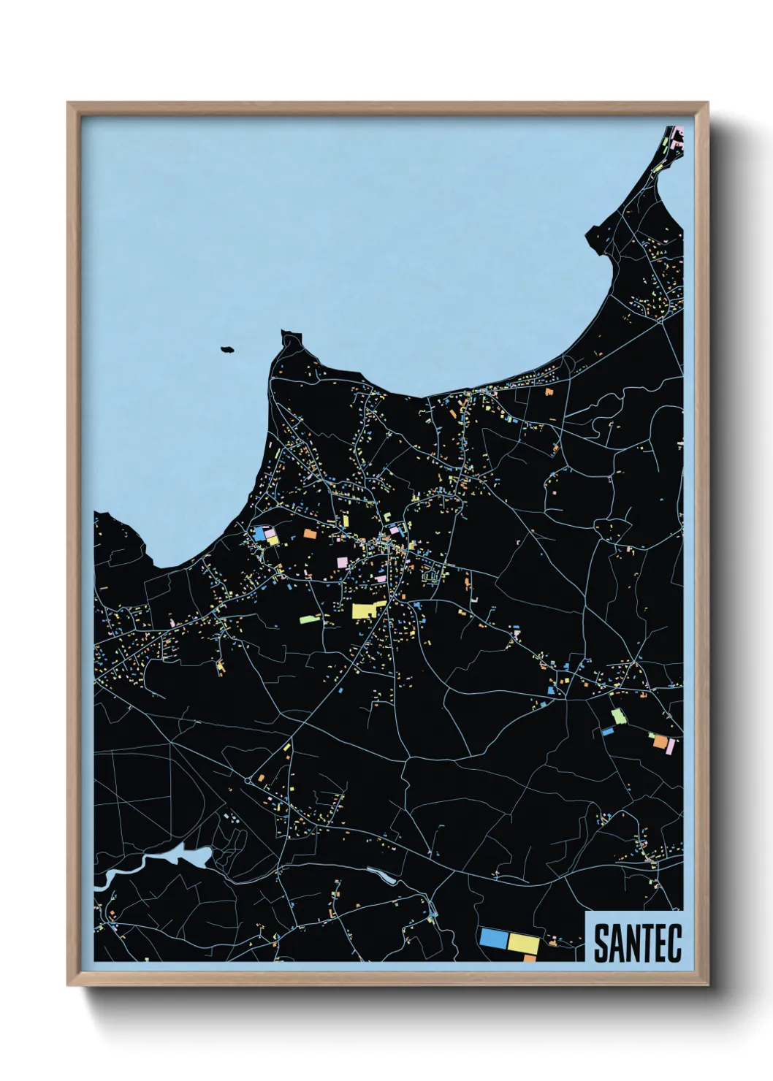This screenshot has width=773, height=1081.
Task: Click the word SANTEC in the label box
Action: tap(637, 943)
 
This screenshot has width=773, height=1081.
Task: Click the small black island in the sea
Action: tap(227, 350)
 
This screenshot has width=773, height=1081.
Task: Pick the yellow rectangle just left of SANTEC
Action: tap(523, 943)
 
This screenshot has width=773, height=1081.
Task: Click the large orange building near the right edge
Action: tap(660, 742)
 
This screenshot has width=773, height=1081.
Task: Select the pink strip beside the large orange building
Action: tap(671, 746)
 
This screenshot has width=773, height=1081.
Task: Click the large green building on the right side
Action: tap(618, 716)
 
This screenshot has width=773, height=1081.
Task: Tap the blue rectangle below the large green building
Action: tap(607, 730)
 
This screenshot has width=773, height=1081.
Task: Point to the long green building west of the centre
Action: tap(310, 619)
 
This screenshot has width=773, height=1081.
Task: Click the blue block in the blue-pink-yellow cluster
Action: tap(259, 533)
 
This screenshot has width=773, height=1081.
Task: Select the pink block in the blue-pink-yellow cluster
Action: tap(270, 533)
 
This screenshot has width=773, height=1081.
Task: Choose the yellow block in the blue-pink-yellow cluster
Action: tap(273, 540)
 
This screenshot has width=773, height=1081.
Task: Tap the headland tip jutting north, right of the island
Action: tap(290, 337)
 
